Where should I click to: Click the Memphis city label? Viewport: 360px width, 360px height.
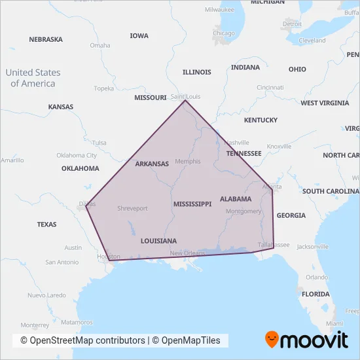(x=188, y=161)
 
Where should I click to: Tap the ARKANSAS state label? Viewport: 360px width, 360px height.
(x=152, y=164)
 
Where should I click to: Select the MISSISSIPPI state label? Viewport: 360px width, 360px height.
(x=192, y=204)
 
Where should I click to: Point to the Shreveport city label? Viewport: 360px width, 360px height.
(x=132, y=208)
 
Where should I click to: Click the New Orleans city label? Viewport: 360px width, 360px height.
(x=188, y=253)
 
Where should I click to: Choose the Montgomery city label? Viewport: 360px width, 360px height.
(x=243, y=211)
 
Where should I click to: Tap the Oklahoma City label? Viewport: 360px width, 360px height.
(x=77, y=155)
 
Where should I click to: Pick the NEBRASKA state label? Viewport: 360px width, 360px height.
(x=46, y=39)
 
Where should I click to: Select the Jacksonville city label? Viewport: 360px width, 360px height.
(x=313, y=247)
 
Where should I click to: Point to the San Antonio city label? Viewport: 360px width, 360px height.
(x=62, y=262)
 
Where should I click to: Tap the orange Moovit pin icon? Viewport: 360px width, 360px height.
(x=272, y=340)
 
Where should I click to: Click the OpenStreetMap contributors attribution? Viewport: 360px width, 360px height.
(x=82, y=340)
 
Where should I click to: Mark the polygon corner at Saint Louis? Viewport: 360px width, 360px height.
(x=185, y=100)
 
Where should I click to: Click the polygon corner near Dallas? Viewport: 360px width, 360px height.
(x=86, y=206)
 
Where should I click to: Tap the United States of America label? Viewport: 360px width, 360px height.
(x=33, y=78)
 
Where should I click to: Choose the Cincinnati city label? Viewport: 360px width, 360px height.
(x=270, y=87)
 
